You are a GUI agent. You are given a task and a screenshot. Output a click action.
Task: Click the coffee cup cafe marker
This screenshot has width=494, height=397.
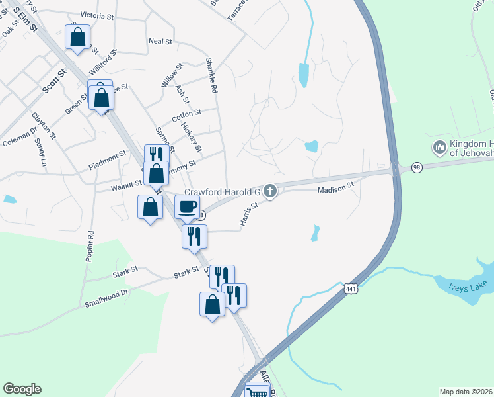tap(187, 206)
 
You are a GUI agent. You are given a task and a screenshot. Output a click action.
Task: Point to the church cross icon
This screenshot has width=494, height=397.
tap(269, 192)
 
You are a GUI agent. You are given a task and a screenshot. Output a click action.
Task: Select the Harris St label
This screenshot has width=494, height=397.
tap(248, 214)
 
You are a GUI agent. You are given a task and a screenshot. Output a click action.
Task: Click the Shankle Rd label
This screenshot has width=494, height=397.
tap(212, 75)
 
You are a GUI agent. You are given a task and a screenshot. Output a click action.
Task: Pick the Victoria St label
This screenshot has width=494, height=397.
tap(97, 15)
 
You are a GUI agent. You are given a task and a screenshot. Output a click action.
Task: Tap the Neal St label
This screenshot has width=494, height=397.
tap(160, 41)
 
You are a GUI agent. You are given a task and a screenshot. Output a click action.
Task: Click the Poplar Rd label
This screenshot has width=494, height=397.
tap(90, 246)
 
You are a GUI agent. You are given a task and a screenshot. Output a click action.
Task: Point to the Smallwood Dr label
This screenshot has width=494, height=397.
tap(106, 298)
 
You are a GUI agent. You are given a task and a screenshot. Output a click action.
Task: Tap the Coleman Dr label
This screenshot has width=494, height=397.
tap(20, 139)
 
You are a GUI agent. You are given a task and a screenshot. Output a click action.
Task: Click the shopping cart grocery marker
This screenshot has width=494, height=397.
tap(258, 392)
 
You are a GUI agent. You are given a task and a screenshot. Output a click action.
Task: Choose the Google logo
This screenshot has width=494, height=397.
tap(22, 389)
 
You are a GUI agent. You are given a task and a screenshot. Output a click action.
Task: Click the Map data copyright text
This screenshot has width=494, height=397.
tap(465, 392)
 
